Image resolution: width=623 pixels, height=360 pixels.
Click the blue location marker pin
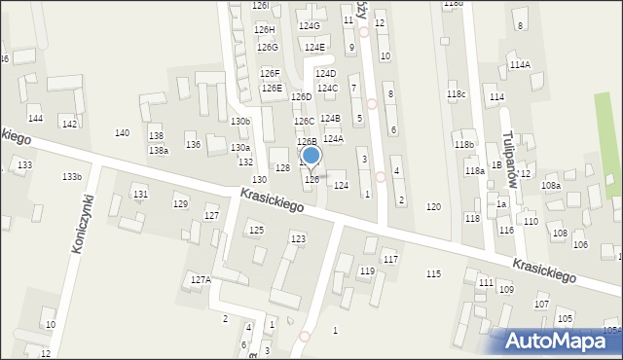pyautogui.click(x=311, y=157)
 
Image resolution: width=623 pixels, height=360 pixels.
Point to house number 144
pyautogui.click(x=35, y=118)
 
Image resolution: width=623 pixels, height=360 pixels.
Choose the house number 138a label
pyautogui.click(x=158, y=150)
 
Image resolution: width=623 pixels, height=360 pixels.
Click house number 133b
pyautogui.click(x=71, y=176)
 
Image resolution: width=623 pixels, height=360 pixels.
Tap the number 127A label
pyautogui.click(x=201, y=279)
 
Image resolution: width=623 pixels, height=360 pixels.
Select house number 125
pyautogui.click(x=256, y=230)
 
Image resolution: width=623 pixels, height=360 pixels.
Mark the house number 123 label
pyautogui.click(x=298, y=238)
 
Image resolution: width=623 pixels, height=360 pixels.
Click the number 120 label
pyautogui.click(x=433, y=207)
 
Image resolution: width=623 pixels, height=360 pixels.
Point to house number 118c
pyautogui.click(x=457, y=93)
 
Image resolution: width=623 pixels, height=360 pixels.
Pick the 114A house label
pyautogui.click(x=520, y=65)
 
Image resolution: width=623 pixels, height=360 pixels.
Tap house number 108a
pyautogui.click(x=551, y=185)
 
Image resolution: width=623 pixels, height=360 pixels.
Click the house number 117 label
pyautogui.click(x=390, y=259)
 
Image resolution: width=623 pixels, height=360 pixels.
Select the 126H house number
pyautogui.click(x=265, y=30)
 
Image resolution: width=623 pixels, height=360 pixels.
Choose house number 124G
pyautogui.click(x=310, y=26)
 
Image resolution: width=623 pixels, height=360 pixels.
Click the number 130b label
pyautogui.click(x=240, y=121)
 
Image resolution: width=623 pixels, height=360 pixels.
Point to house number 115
pyautogui.click(x=433, y=274)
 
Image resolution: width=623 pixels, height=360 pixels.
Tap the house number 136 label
pyautogui.click(x=193, y=145)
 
